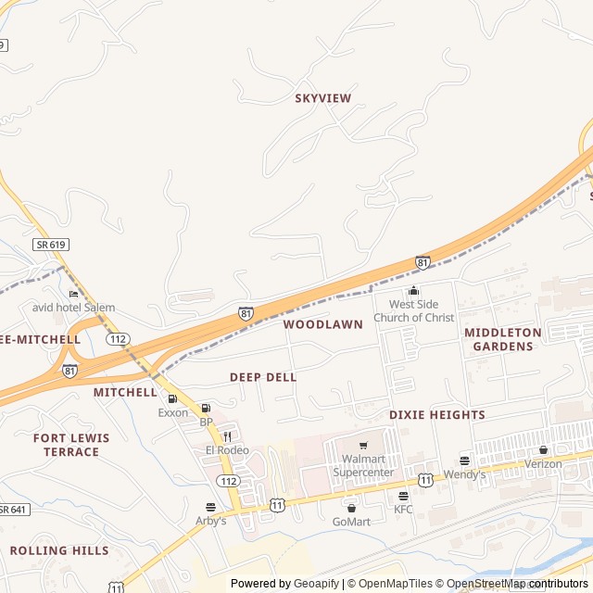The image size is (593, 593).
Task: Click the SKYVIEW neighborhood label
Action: pos(323,97)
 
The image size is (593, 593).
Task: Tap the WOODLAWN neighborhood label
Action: pos(323,324)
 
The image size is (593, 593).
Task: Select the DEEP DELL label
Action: pos(263,377)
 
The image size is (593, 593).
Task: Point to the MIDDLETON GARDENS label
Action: pos(499,339)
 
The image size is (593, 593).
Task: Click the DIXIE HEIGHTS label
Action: pos(436,415)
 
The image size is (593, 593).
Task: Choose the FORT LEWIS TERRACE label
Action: pos(71,445)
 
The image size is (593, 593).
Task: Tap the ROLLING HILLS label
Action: pos(59,550)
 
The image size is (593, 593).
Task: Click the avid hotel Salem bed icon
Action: pos(74,295)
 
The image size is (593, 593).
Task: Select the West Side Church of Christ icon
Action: pos(413,292)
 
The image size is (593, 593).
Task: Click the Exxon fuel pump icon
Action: pos(172,399)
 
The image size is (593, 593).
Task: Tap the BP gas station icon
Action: pos(206,409)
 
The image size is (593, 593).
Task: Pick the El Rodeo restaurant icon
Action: pos(227,436)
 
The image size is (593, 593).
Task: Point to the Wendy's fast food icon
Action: pos(464,461)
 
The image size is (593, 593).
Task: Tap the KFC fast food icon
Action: pos(403,496)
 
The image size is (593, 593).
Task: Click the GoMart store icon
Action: pos(351,508)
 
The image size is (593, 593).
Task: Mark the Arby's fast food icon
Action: pos(210,507)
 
